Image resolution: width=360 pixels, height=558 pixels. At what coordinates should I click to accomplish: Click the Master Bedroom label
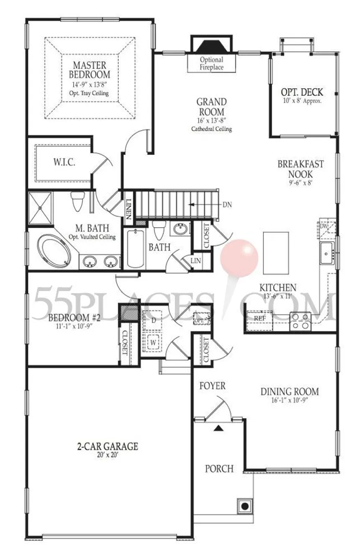pos(89,70)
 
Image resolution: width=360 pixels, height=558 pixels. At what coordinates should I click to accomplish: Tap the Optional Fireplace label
pos(211,64)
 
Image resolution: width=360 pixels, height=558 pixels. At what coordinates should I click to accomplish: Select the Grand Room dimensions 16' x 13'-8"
pos(211,121)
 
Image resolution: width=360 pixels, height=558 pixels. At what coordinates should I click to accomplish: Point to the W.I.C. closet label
pos(64,162)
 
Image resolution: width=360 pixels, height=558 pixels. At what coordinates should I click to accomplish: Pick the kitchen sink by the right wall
pos(327,253)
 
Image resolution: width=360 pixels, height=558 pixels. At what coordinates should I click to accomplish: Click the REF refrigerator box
pos(260,318)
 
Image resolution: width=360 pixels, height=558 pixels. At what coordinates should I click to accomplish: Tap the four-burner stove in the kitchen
pos(301,321)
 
